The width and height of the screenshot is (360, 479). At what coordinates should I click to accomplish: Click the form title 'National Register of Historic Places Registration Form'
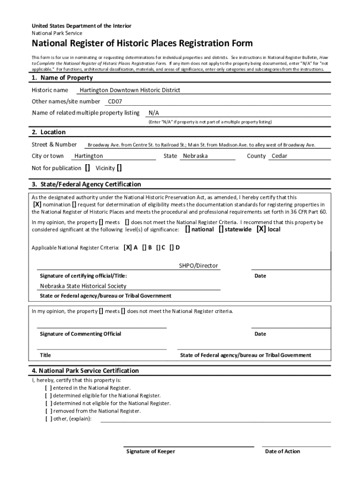[x=142, y=44]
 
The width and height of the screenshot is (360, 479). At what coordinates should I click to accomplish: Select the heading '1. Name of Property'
[x=62, y=78]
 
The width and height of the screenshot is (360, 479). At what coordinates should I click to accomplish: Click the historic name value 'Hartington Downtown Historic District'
[x=130, y=90]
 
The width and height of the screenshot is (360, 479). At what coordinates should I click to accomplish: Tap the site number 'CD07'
[x=115, y=102]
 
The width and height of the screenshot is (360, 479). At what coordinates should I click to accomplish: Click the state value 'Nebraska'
[x=195, y=156]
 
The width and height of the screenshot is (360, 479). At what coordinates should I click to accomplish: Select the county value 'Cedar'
[x=280, y=156]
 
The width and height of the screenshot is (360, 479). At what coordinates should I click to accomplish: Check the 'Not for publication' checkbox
[x=87, y=168]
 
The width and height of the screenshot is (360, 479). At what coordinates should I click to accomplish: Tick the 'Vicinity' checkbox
[x=120, y=168]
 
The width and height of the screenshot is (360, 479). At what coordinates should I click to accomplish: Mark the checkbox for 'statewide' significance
[x=221, y=230]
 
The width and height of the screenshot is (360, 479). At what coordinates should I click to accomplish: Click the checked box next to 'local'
[x=261, y=230]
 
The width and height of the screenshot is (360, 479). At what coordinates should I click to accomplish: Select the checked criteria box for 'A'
[x=128, y=248]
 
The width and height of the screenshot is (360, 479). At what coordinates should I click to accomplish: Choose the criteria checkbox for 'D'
[x=172, y=248]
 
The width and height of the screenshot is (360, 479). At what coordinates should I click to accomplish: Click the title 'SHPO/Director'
[x=198, y=266]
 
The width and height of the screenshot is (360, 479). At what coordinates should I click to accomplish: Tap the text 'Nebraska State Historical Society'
[x=83, y=286]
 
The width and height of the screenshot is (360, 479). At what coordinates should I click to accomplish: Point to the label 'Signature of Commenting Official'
[x=80, y=334]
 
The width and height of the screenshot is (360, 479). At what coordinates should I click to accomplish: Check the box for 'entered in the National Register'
[x=49, y=388]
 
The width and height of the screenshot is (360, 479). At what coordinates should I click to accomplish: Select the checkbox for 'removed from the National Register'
[x=49, y=411]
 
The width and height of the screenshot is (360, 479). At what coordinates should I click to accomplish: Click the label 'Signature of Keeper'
[x=151, y=451]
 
